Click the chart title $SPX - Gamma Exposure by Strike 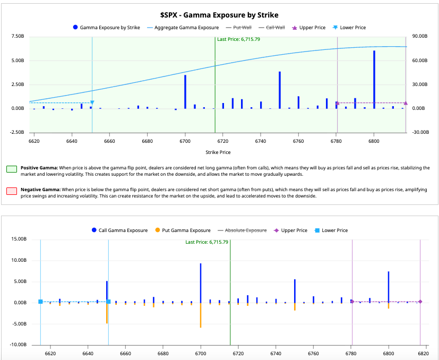point(219,15)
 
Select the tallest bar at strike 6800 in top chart point(374,80)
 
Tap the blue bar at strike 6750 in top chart point(280,90)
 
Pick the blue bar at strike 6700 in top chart point(185,92)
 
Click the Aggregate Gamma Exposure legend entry point(183,28)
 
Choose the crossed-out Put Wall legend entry point(239,28)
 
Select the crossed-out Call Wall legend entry point(272,28)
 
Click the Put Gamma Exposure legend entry point(183,230)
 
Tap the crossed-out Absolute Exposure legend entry point(242,230)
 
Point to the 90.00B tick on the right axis point(420,36)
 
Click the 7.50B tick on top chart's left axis point(18,36)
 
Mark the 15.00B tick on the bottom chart point(19,239)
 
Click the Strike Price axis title point(218,152)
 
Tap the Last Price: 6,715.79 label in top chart point(238,39)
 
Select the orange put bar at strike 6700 point(201,315)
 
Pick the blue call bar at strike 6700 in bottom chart point(201,283)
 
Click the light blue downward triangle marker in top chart point(92,102)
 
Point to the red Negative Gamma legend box point(12,191)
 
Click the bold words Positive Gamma point(39,168)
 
